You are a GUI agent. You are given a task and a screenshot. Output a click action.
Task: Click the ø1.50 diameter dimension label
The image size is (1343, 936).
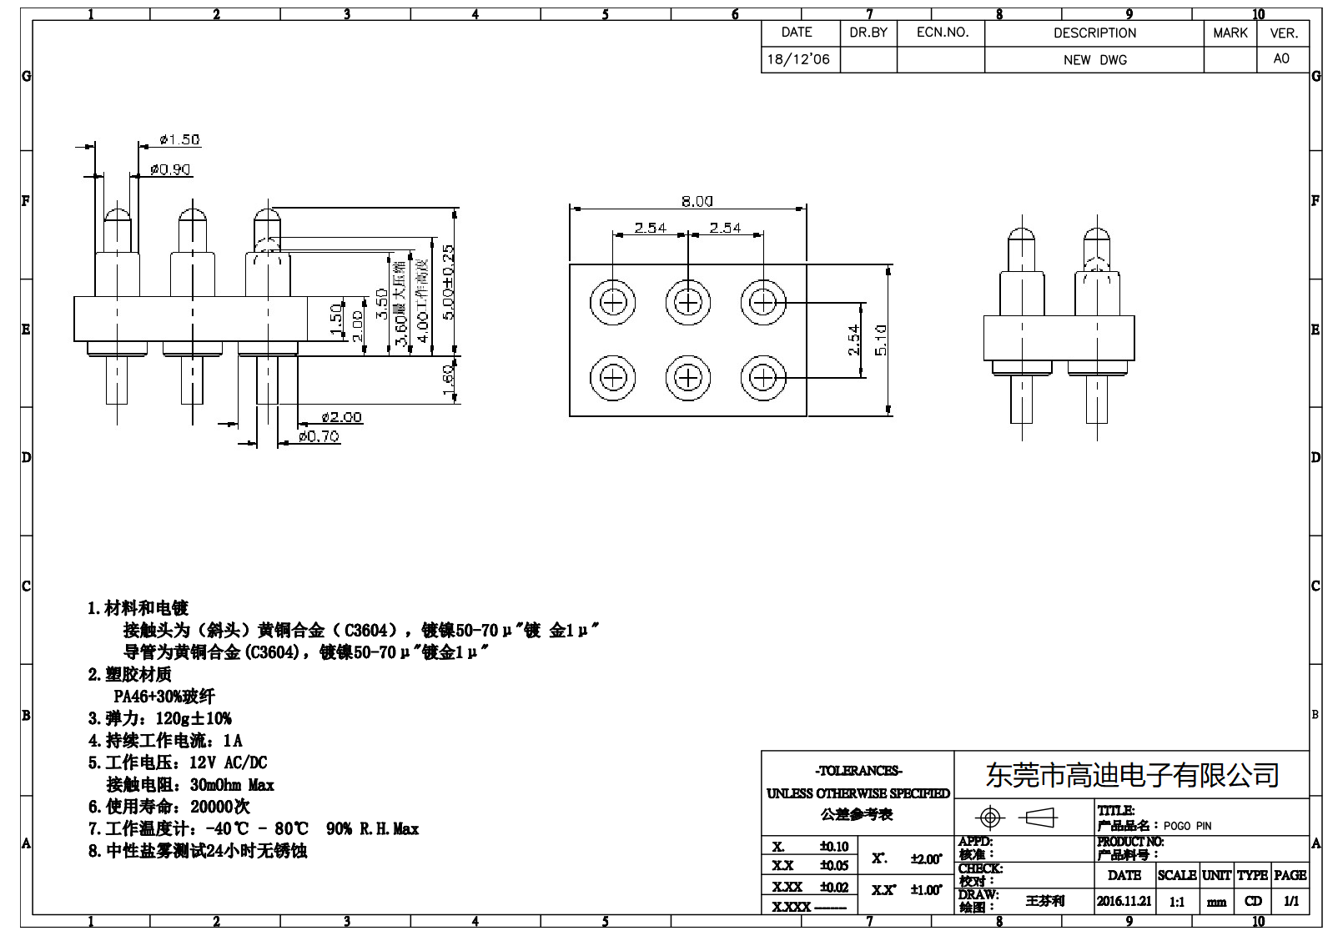pos(179,140)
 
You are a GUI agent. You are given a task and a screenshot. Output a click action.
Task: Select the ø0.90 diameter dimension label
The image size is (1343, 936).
pos(170,169)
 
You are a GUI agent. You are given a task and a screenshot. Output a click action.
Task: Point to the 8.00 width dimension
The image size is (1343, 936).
pos(697,201)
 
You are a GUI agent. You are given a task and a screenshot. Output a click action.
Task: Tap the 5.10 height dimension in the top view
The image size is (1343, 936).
pos(881,340)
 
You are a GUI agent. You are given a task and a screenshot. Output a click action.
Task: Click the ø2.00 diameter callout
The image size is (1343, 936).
pos(341,417)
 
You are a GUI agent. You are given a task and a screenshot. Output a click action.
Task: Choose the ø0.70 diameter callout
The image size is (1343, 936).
pos(319,436)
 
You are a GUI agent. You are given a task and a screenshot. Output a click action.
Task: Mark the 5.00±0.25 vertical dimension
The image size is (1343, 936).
pos(448,282)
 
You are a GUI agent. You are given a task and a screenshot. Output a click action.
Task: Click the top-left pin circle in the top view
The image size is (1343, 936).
pos(612,301)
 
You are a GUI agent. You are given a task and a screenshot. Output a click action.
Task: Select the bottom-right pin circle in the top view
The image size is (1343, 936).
pos(763,378)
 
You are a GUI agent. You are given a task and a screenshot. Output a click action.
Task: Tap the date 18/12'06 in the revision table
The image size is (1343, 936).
pos(798,59)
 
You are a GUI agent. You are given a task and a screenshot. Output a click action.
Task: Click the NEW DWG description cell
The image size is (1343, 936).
pos(1094,60)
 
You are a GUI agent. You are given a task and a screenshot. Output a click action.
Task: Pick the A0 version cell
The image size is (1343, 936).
pos(1281,58)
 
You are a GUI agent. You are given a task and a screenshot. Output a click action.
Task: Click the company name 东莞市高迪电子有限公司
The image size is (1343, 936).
pos(1132,775)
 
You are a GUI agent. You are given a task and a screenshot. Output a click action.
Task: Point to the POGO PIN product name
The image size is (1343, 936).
pos(1187,826)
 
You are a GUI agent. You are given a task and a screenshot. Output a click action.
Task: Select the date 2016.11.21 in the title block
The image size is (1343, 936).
pos(1124,901)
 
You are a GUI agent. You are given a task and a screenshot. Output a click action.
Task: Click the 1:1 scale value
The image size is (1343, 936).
pos(1176,902)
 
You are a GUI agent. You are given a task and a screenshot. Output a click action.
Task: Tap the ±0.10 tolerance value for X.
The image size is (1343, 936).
pos(833,846)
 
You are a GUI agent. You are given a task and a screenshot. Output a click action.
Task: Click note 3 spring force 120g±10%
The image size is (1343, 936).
pos(160,718)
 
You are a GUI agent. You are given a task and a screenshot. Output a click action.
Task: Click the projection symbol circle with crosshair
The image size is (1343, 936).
pos(990,817)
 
